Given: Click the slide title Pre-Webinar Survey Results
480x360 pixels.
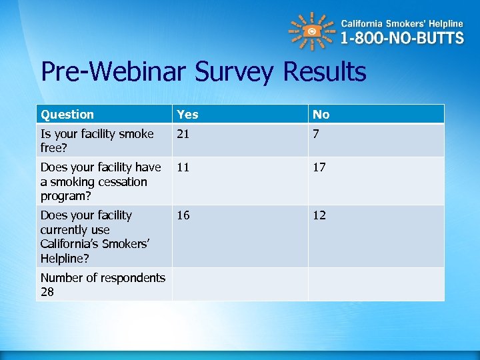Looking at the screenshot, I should [203, 72].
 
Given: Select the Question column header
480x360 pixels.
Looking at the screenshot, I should [67, 115].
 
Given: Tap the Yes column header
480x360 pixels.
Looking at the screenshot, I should [187, 115].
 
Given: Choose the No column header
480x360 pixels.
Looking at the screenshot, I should [321, 115].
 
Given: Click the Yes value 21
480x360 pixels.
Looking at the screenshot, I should [183, 134].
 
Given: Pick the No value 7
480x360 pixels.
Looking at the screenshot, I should [317, 134].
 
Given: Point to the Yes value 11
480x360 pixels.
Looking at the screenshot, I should [183, 167].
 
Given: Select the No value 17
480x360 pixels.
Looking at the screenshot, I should [319, 167].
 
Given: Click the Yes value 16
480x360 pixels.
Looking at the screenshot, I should [183, 215].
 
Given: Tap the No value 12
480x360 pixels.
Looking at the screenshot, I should [319, 215].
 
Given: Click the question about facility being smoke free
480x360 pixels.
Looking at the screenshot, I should [97, 141].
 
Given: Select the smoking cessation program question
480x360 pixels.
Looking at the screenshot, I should [100, 181].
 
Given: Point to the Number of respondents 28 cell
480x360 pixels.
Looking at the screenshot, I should [103, 285].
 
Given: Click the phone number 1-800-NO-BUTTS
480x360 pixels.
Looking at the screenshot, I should [402, 37].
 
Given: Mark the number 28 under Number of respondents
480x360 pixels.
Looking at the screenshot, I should [47, 292].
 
